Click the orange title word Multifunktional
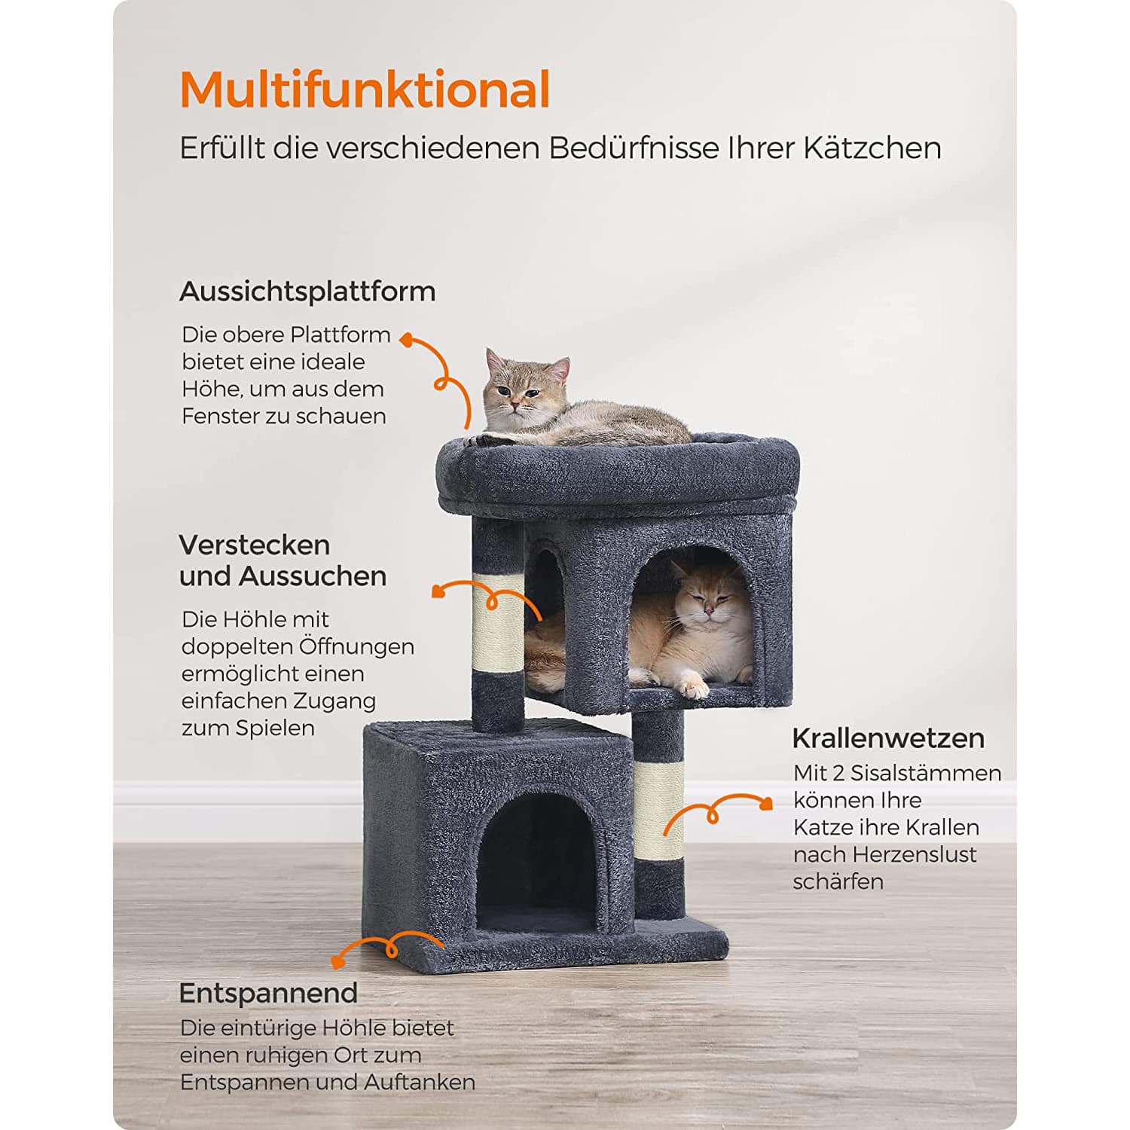point(365,90)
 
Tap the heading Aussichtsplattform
point(307,292)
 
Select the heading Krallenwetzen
point(888,738)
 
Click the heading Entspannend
point(268,994)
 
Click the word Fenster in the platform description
point(219,416)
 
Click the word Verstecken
point(255,545)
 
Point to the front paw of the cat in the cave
point(692,686)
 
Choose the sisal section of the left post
point(497,624)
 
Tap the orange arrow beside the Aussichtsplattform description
point(444,377)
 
